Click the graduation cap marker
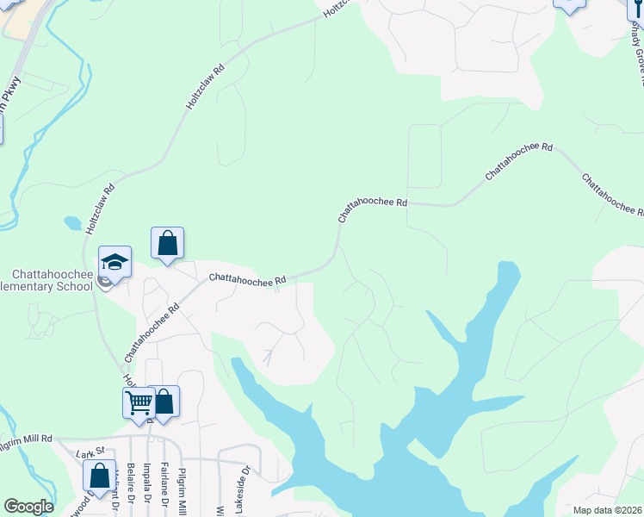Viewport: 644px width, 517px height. tap(115, 261)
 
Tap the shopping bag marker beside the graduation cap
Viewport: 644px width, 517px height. tap(168, 243)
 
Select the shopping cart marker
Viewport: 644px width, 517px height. tap(139, 402)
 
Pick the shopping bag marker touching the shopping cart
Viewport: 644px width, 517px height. tap(163, 402)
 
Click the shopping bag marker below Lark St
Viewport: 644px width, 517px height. tap(100, 476)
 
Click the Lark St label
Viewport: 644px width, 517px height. tap(90, 452)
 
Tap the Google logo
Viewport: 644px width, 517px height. tap(28, 507)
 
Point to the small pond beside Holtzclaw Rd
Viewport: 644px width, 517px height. tap(73, 223)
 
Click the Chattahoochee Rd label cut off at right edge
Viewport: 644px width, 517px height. tap(612, 195)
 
